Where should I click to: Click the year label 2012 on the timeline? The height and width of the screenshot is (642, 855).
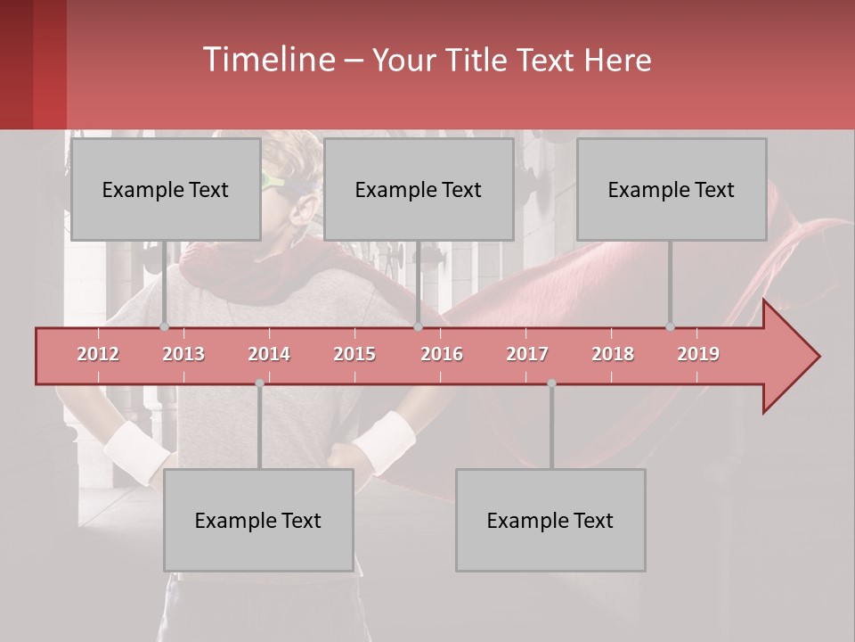coord(98,354)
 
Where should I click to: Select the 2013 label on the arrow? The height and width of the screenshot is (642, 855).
coord(183,354)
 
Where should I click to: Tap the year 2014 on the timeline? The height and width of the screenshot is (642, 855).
coord(269,354)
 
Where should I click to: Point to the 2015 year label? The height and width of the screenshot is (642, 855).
coord(354,354)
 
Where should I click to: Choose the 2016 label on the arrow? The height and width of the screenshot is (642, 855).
coord(442,354)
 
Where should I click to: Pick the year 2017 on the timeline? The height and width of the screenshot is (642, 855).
coord(527,354)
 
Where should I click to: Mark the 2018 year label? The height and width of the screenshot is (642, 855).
coord(613,354)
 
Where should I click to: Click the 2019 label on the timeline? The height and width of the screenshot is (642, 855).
coord(698,354)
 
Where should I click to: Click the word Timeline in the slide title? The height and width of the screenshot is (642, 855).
coord(267,60)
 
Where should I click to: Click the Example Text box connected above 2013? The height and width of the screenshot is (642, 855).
coord(166,189)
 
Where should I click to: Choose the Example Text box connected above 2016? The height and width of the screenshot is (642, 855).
coord(419,189)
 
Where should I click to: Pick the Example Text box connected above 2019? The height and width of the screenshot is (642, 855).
coord(672,189)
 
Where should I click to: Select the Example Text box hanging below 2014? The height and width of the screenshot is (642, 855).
coord(258,520)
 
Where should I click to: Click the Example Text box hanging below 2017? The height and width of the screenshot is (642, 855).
coord(550,520)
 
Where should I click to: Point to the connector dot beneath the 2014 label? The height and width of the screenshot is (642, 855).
coord(259,383)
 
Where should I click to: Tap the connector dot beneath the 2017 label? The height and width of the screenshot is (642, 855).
coord(551,383)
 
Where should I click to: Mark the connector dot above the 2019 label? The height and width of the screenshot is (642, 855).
coord(670,326)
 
